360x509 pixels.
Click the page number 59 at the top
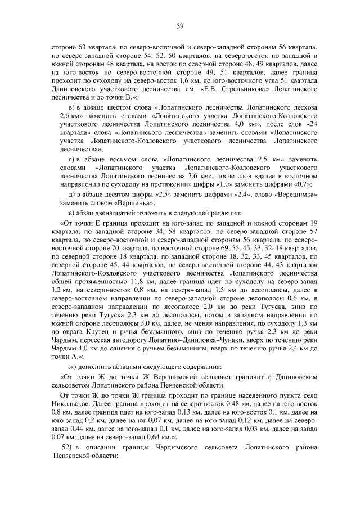point(181,25)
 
